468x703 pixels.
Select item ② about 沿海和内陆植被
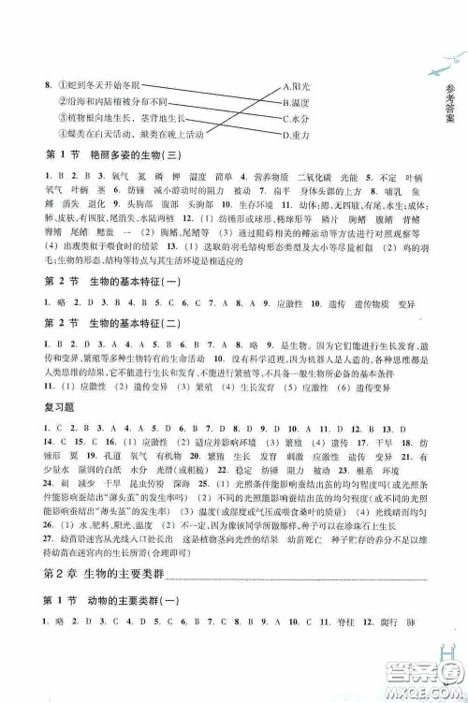tap(113, 101)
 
